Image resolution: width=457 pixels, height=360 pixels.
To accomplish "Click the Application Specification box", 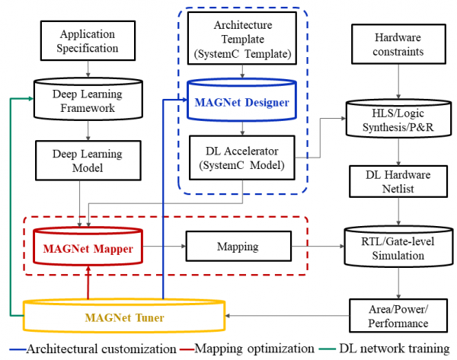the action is pyautogui.click(x=88, y=41).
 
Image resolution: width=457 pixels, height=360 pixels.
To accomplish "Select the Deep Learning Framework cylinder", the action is pyautogui.click(x=88, y=99).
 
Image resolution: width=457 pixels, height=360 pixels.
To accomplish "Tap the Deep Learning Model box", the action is pyautogui.click(x=88, y=161).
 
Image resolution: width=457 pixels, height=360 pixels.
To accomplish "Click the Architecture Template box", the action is pyautogui.click(x=242, y=38).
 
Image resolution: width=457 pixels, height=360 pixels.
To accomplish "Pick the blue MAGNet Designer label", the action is pyautogui.click(x=241, y=103).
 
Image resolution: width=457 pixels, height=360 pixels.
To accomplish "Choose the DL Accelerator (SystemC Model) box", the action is pyautogui.click(x=242, y=158).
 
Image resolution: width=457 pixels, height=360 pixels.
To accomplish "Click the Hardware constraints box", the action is pyautogui.click(x=398, y=44).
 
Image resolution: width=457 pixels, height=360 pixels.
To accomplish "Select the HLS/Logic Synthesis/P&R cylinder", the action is pyautogui.click(x=398, y=118).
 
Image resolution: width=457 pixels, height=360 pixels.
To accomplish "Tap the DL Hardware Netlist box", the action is pyautogui.click(x=398, y=181).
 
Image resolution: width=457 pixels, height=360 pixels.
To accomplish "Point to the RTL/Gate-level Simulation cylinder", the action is pyautogui.click(x=398, y=247).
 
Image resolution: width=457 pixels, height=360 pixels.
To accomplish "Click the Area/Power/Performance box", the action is pyautogui.click(x=398, y=315).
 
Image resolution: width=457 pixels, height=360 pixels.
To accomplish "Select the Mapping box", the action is pyautogui.click(x=238, y=247).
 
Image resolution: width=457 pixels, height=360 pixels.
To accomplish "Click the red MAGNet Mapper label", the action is pyautogui.click(x=88, y=249).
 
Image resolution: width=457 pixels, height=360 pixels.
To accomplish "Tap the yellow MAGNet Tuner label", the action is pyautogui.click(x=124, y=317).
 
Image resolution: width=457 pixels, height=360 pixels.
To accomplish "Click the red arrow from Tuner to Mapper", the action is pyautogui.click(x=88, y=282).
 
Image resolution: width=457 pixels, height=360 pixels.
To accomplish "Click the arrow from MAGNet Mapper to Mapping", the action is pyautogui.click(x=165, y=247).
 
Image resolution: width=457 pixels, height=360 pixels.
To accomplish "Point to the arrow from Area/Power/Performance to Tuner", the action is pyautogui.click(x=287, y=316).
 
